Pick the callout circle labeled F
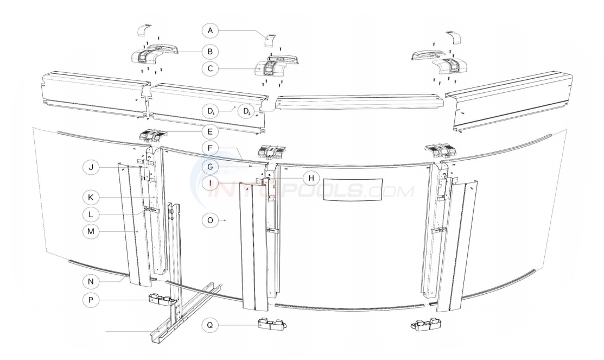(210, 147)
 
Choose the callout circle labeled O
(210, 220)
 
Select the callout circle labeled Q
(210, 326)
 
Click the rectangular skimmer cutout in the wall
(353, 190)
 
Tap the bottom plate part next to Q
(272, 326)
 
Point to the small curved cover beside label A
(270, 40)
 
